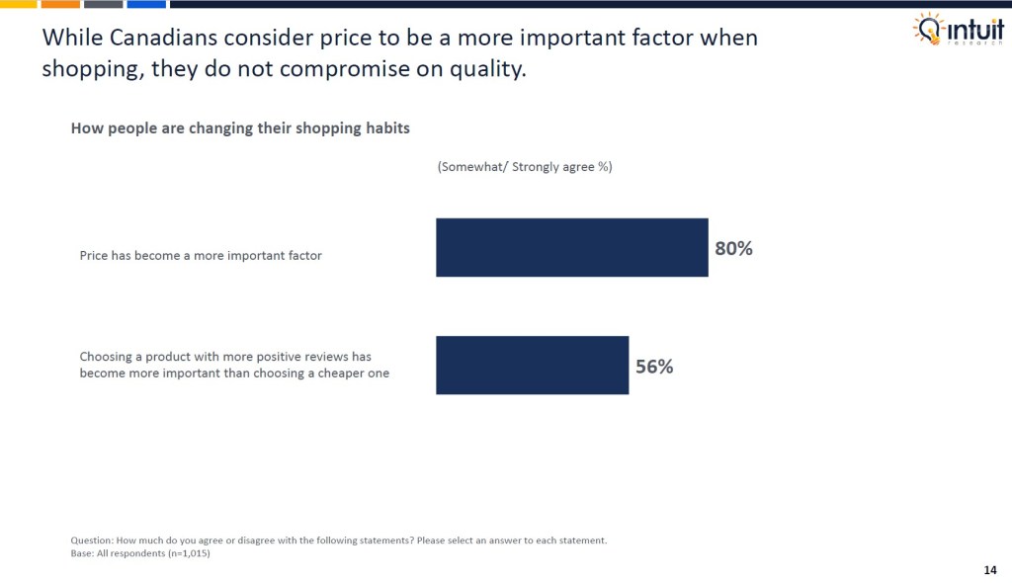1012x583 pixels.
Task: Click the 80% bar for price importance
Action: [x=571, y=247]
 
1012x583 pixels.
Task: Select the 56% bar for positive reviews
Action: [x=532, y=365]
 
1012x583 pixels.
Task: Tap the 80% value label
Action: [x=733, y=249]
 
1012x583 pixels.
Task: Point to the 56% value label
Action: [x=653, y=367]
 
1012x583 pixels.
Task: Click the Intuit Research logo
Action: [x=958, y=30]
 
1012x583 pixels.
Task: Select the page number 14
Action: [x=990, y=569]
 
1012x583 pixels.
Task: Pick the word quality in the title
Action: [x=486, y=70]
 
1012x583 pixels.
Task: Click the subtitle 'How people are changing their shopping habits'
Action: [x=240, y=128]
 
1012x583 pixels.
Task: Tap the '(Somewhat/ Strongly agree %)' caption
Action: [x=524, y=167]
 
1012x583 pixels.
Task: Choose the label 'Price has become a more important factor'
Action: [x=201, y=255]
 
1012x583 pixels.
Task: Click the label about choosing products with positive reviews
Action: [x=234, y=364]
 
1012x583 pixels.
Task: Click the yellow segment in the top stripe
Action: [x=18, y=4]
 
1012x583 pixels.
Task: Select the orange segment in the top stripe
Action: [x=60, y=4]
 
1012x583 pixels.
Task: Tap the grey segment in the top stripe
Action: [x=103, y=4]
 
